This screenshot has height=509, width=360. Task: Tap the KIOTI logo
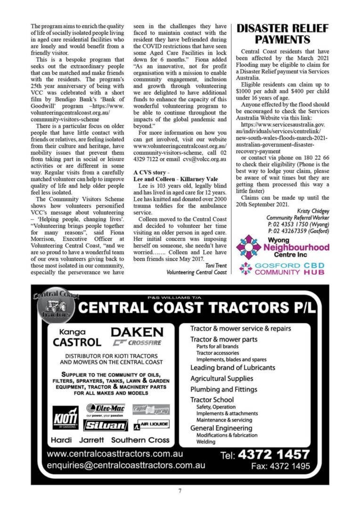65,417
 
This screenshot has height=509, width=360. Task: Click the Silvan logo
106,425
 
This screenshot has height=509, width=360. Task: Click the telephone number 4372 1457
274,455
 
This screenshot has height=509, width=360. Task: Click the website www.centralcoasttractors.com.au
115,454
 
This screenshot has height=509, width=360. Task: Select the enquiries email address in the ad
126,465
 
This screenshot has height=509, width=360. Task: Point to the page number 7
180,491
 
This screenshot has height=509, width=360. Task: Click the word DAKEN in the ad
137,332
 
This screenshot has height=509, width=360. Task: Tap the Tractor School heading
212,400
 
